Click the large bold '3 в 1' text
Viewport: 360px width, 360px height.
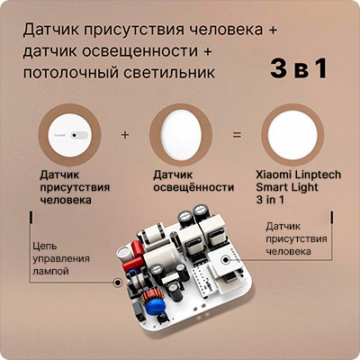299,69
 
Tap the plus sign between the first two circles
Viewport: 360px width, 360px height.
125,134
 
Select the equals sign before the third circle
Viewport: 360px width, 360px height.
237,135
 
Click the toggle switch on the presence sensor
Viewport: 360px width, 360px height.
79,135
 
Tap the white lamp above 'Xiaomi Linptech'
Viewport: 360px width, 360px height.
292,136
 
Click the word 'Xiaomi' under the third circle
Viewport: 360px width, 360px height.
274,175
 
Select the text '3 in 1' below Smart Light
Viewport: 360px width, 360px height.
270,200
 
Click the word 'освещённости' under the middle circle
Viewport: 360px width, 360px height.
193,187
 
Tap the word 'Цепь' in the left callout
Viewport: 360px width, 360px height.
45,247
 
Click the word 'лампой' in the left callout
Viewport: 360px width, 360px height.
50,272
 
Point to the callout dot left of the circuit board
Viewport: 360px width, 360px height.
117,283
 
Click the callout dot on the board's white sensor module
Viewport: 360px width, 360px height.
225,260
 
